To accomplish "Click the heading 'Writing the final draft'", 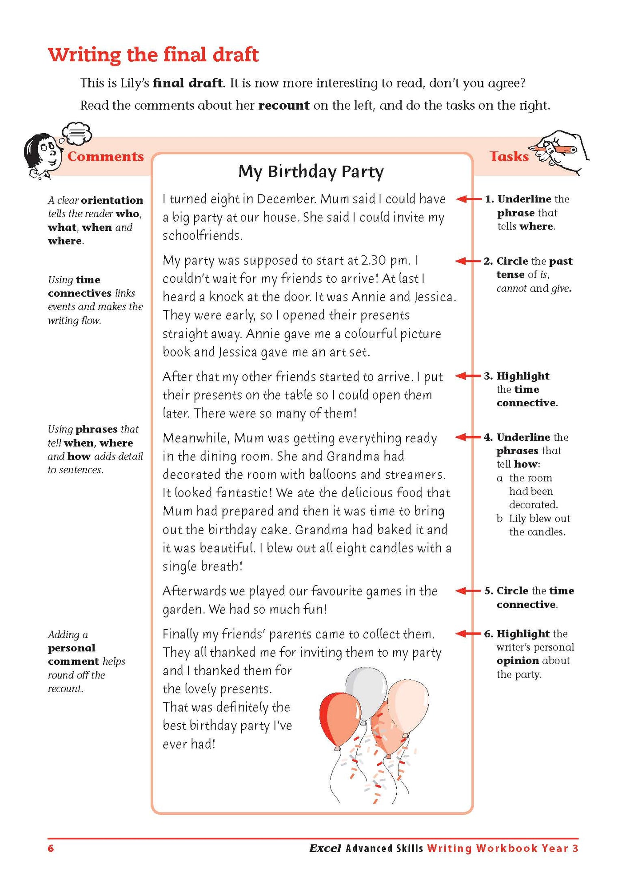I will click(153, 55).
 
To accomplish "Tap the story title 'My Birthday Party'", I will click(311, 171).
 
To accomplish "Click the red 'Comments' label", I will click(105, 156).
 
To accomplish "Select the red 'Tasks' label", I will click(509, 156).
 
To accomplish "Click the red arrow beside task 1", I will click(468, 199).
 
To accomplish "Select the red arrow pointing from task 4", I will click(468, 437).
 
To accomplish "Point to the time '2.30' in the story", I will click(375, 260).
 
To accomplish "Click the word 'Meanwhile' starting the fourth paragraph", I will click(195, 438).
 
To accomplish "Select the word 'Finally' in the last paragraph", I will click(181, 634).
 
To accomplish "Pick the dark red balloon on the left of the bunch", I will click(339, 720).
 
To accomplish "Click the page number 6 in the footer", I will click(51, 848).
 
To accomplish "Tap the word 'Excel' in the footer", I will click(325, 848).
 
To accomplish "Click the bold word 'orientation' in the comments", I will click(112, 200).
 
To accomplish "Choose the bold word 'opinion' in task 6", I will click(518, 661).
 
